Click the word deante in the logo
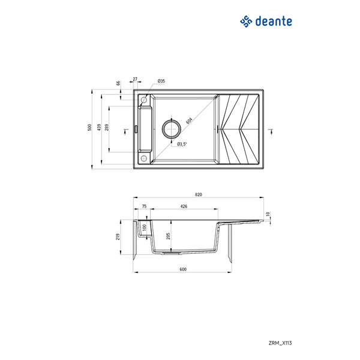point(274,21)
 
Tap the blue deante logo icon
point(245,22)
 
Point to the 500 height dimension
point(89,127)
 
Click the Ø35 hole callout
point(161,80)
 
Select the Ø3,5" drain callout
point(182,144)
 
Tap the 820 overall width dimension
point(199,194)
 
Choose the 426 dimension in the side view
point(184,206)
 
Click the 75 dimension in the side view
point(144,206)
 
